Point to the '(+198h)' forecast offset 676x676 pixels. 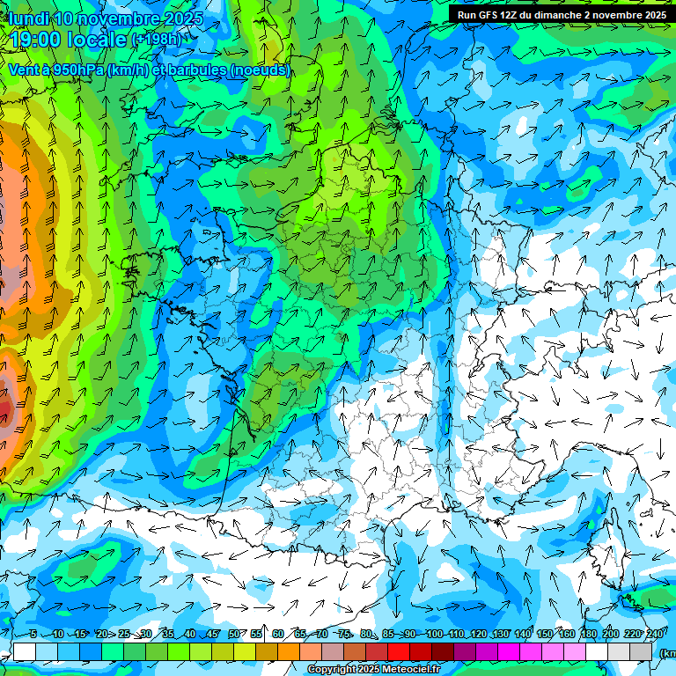click(156, 40)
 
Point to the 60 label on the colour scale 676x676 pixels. click(278, 634)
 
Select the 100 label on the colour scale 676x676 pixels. click(434, 634)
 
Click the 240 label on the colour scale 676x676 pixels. click(655, 634)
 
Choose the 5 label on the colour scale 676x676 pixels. click(33, 634)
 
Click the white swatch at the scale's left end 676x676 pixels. click(25, 651)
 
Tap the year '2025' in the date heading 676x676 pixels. click(182, 18)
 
